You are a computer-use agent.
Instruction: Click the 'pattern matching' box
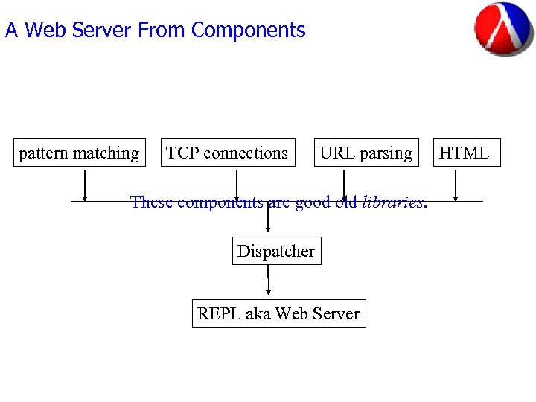pyautogui.click(x=79, y=153)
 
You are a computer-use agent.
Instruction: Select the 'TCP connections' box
pyautogui.click(x=227, y=153)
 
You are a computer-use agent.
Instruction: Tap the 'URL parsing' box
pyautogui.click(x=366, y=153)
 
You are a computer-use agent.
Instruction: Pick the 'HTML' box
pyautogui.click(x=464, y=153)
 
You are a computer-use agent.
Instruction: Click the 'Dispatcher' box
pyautogui.click(x=276, y=251)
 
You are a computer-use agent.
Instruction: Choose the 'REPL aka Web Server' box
pyautogui.click(x=278, y=313)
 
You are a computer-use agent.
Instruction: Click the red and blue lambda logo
pyautogui.click(x=503, y=29)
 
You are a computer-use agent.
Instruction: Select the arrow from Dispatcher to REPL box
pyautogui.click(x=268, y=281)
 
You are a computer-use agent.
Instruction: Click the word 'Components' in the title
pyautogui.click(x=248, y=31)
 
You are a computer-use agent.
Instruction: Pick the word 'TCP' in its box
pyautogui.click(x=182, y=153)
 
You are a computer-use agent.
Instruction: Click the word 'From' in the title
pyautogui.click(x=162, y=31)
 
